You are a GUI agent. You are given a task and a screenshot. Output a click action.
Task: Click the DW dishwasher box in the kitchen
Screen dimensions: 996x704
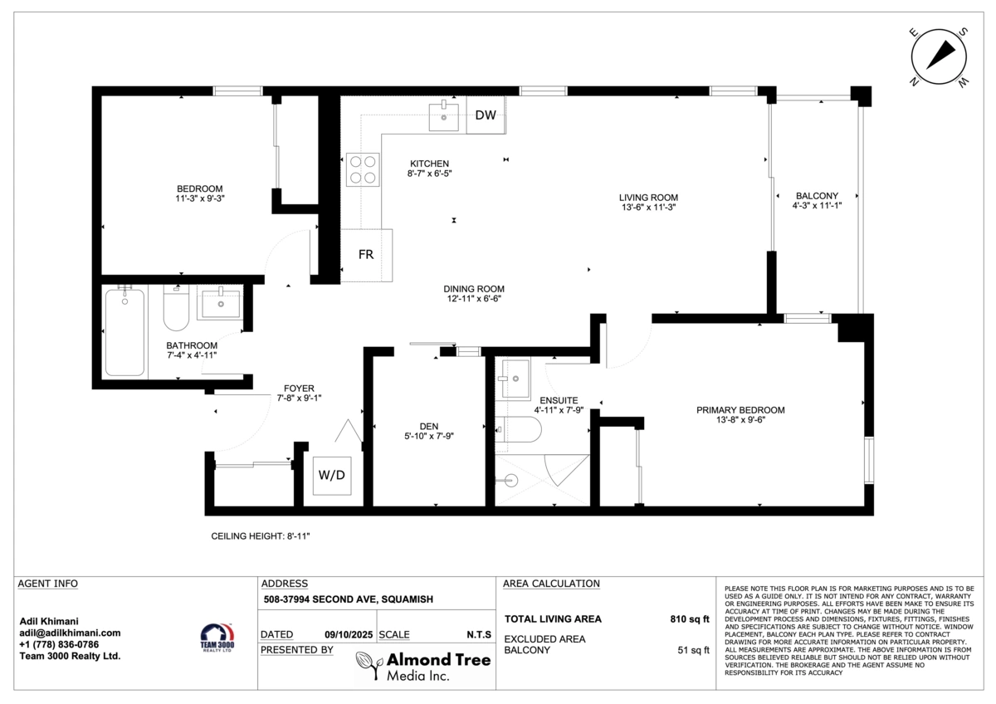point(486,115)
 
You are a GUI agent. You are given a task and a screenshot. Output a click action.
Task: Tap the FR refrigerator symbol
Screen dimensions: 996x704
point(366,255)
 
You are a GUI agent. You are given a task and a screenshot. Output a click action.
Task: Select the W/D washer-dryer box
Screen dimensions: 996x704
point(332,476)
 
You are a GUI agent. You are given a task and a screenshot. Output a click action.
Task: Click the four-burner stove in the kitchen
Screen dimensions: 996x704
point(363,169)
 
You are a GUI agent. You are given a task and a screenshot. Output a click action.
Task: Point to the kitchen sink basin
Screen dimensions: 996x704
point(444,117)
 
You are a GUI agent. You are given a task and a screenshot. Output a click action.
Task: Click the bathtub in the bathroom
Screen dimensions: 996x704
point(125,332)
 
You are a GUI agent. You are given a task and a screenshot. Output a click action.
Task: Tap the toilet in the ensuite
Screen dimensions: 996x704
point(518,429)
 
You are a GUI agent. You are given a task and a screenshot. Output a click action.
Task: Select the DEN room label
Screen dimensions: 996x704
point(429,427)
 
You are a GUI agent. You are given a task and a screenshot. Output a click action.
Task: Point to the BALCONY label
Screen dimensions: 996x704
point(818,196)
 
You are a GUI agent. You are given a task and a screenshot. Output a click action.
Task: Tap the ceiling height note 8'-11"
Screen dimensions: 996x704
point(260,536)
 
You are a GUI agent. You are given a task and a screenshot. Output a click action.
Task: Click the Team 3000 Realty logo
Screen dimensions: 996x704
point(217,638)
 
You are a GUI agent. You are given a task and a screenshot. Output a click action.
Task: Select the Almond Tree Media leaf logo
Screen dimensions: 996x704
point(369,665)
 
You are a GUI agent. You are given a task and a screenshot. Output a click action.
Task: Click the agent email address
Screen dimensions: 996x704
point(70,633)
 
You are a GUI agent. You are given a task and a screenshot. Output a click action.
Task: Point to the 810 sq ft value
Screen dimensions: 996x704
point(690,619)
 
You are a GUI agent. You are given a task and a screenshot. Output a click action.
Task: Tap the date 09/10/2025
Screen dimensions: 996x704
point(349,634)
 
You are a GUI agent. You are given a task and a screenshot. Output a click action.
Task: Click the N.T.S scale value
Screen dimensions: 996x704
point(479,634)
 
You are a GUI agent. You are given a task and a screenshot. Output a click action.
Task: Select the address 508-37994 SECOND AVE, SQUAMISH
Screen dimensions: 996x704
point(348,599)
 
